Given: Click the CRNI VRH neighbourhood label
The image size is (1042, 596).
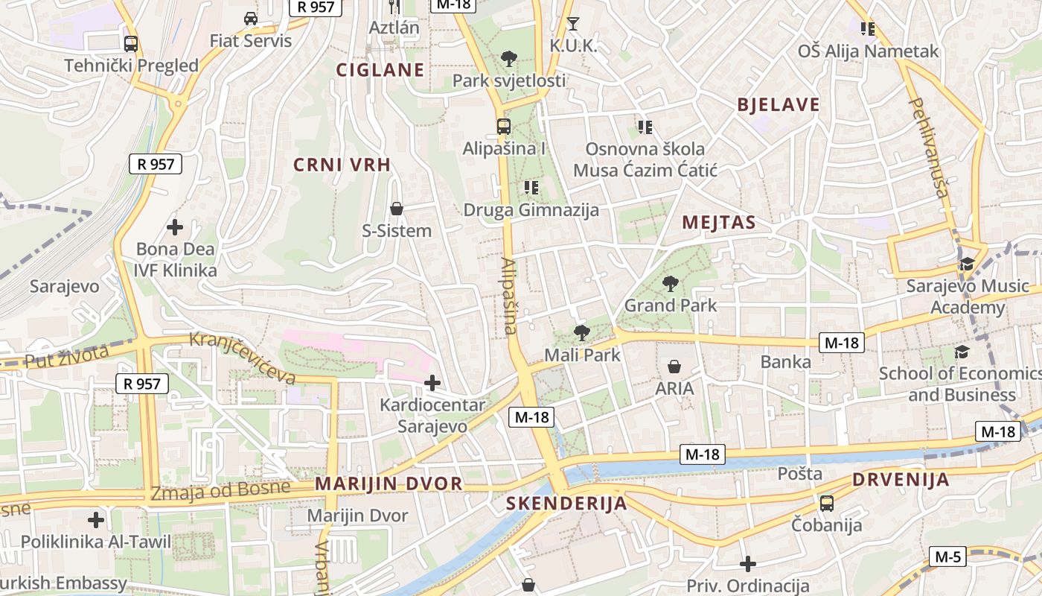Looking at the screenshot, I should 342,165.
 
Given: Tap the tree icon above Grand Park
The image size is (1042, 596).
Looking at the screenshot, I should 671,284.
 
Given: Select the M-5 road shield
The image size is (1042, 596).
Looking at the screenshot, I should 947,556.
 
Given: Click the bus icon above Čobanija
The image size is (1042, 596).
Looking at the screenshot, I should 826,504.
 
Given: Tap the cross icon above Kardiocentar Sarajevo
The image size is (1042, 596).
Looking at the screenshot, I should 432,384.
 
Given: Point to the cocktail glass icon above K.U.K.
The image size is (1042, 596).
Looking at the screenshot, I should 572,24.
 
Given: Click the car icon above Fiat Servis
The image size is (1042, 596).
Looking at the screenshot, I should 251,19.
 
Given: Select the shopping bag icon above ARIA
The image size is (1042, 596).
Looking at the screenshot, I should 674,367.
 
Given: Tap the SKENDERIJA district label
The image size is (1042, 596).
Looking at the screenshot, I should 566,504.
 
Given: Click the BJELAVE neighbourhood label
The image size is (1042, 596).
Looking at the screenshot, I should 779,105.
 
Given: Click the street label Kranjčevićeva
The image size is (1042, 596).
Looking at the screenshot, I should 243,358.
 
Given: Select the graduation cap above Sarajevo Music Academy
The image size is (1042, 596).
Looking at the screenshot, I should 967,264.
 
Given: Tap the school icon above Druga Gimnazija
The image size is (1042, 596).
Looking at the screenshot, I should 531,188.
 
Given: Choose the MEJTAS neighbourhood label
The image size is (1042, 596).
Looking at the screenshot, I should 719,222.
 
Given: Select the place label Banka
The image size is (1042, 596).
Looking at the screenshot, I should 786,362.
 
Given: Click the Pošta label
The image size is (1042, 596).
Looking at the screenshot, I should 800,474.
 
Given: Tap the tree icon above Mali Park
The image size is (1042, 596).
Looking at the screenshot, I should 581,333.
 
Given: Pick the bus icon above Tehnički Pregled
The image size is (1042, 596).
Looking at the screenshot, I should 131,43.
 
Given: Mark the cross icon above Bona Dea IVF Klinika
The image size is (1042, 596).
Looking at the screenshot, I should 175,227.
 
